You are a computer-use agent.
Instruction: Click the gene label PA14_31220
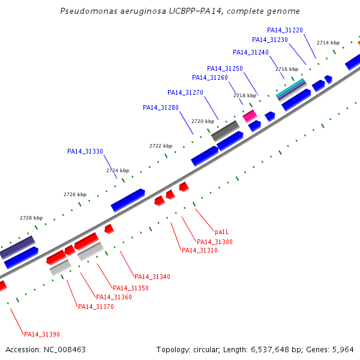(x=285, y=31)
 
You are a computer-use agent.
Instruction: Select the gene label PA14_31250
(x=225, y=68)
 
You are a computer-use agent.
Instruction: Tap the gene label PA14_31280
(x=161, y=107)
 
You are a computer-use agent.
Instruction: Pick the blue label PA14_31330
(x=85, y=152)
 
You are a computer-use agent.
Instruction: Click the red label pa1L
(x=222, y=232)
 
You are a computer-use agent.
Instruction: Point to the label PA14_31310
(x=200, y=250)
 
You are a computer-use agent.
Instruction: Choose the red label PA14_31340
(x=152, y=277)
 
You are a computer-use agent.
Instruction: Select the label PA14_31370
(x=96, y=307)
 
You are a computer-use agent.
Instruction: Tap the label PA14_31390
(x=42, y=335)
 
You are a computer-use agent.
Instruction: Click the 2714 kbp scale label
(x=328, y=43)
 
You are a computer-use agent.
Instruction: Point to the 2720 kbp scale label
(x=203, y=121)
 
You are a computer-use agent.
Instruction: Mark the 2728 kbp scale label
(x=31, y=218)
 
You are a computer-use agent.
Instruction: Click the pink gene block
(x=250, y=116)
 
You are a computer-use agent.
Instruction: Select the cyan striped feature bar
(x=291, y=88)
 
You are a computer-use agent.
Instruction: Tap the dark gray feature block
(x=225, y=131)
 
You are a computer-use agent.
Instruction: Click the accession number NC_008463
(x=65, y=350)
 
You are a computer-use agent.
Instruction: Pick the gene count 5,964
(x=343, y=350)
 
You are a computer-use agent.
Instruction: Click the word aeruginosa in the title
(x=143, y=11)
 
